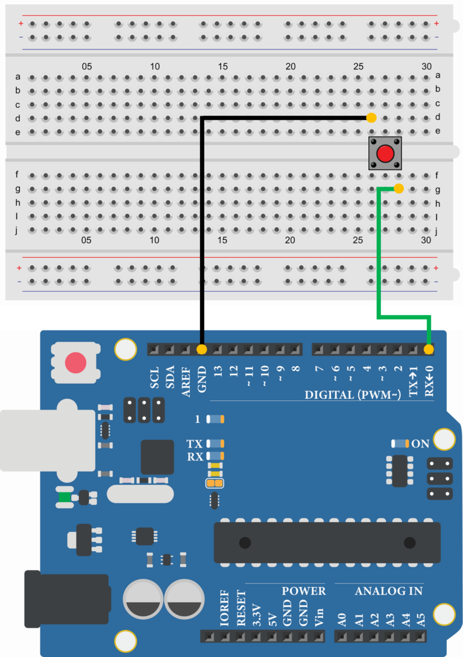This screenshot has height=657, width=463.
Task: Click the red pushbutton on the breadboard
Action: pyautogui.click(x=385, y=154)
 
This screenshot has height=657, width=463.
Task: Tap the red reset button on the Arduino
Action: pyautogui.click(x=75, y=363)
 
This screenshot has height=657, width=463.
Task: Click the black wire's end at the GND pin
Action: pyautogui.click(x=201, y=349)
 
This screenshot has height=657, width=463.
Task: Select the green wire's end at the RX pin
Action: pyautogui.click(x=429, y=349)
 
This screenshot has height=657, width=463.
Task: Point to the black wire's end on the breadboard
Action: pyautogui.click(x=371, y=117)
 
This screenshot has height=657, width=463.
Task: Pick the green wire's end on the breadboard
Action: pyautogui.click(x=398, y=189)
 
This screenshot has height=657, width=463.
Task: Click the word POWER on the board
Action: pyautogui.click(x=303, y=591)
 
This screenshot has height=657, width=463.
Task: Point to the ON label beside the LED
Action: pyautogui.click(x=420, y=444)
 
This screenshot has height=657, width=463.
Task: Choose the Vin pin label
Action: pyautogui.click(x=320, y=618)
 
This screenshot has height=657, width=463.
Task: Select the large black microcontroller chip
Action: pyautogui.click(x=327, y=543)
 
